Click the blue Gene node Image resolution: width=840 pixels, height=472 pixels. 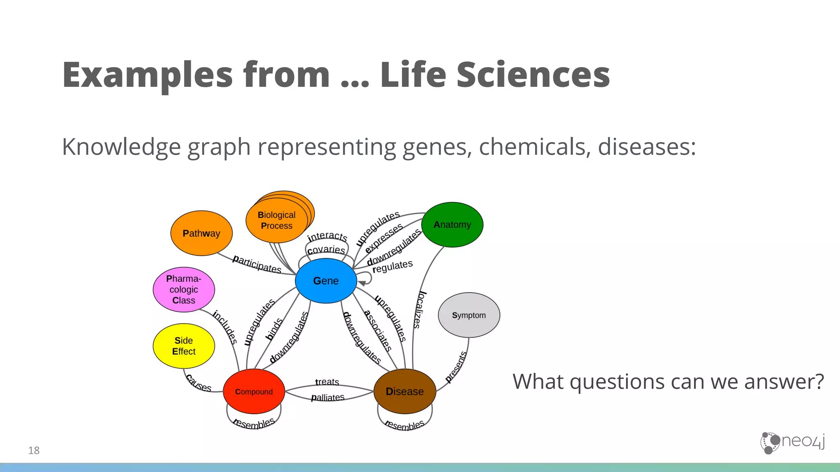coord(326,281)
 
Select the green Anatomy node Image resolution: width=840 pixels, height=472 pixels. coord(452,225)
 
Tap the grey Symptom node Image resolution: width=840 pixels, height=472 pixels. coord(469,315)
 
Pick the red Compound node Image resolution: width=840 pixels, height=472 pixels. coord(253,392)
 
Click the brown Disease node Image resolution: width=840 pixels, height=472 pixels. coord(404,391)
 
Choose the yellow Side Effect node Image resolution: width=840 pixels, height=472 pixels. coord(183,346)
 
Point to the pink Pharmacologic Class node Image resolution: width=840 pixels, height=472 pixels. coord(183,289)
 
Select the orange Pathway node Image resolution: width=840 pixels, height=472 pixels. coord(201,233)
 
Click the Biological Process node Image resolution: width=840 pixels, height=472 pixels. coord(276,220)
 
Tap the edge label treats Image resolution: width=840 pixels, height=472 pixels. coord(327,382)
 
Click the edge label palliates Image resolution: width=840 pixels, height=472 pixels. coord(327,397)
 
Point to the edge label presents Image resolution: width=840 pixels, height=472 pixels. coord(456,367)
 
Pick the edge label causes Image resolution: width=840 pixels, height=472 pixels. coord(199,383)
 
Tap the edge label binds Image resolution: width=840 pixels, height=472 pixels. coord(274,329)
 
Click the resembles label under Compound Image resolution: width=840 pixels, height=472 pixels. coord(254,423)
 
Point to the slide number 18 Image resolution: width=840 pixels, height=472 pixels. coord(34,450)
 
